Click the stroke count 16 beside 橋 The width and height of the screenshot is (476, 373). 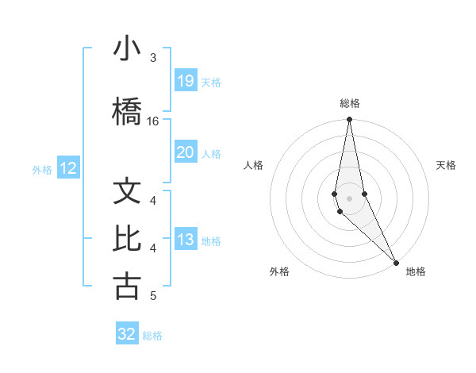(153, 121)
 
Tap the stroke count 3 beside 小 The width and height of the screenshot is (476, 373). (153, 58)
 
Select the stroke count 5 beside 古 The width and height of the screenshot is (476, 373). (153, 296)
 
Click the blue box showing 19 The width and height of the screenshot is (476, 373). (185, 80)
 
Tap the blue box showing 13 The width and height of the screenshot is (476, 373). (185, 240)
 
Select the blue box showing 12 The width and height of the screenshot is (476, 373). (68, 168)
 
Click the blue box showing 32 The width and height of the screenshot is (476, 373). (127, 334)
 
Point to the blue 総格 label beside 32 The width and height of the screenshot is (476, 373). (152, 336)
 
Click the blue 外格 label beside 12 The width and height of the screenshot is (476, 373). (42, 169)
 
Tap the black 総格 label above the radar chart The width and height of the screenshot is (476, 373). (350, 103)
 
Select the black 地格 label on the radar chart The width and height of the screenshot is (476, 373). (416, 271)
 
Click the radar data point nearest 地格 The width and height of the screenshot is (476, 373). (396, 262)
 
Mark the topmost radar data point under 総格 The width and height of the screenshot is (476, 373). (349, 121)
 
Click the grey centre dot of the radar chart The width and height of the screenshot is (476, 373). (349, 198)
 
